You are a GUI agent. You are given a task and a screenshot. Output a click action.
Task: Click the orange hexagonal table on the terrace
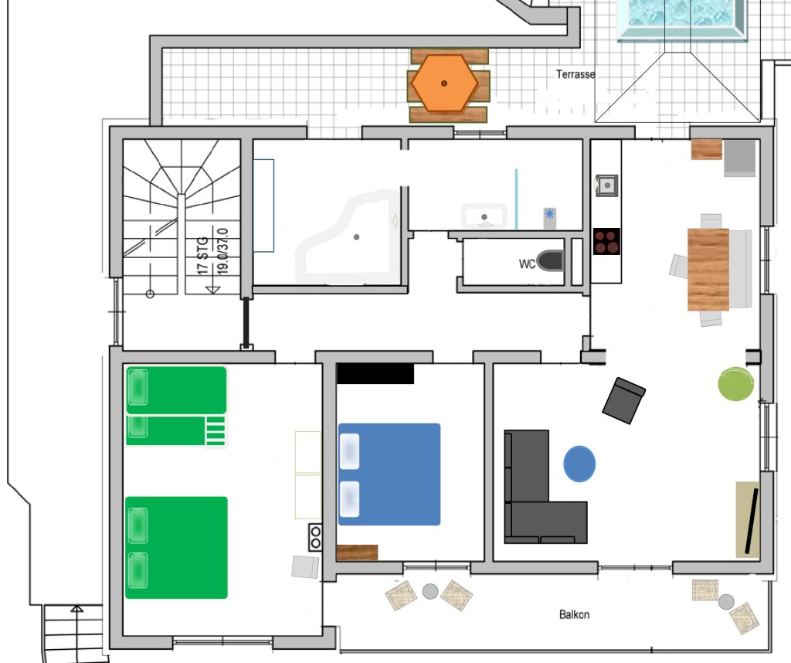click(x=444, y=83)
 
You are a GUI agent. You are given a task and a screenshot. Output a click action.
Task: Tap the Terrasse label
click(x=575, y=74)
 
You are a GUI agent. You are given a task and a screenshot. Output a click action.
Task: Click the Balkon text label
click(x=574, y=614)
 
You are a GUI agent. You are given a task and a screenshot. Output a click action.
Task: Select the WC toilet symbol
click(x=550, y=261)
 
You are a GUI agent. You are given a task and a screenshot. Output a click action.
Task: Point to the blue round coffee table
click(x=579, y=464)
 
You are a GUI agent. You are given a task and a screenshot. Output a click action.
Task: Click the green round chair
click(x=735, y=384)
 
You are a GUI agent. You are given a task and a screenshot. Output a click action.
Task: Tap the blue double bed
click(x=389, y=474)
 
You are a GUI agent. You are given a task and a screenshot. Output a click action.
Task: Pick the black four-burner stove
click(x=606, y=242)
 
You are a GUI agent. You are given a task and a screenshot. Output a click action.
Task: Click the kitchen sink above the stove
click(x=607, y=185)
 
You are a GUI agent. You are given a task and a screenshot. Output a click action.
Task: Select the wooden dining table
click(x=708, y=270)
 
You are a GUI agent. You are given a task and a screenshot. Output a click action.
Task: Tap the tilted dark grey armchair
click(x=624, y=400)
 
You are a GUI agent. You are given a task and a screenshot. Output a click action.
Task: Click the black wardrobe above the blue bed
click(x=375, y=373)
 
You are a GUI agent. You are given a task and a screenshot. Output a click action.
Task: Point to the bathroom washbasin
click(x=484, y=216)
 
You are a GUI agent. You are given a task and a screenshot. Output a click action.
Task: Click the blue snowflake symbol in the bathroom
click(x=550, y=214)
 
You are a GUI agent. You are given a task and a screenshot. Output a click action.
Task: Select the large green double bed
click(x=176, y=547)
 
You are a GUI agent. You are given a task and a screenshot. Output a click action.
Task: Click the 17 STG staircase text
click(x=203, y=256)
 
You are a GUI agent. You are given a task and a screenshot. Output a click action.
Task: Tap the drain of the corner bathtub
click(x=357, y=237)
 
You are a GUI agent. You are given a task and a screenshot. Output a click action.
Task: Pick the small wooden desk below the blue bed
click(x=357, y=552)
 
